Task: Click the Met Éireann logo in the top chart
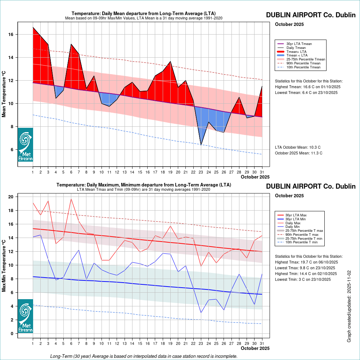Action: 25,145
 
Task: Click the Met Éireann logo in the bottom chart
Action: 25,316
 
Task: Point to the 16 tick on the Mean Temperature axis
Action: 11,35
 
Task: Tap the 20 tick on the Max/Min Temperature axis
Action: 11,197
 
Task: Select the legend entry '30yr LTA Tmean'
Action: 299,44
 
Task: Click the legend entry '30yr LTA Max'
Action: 298,215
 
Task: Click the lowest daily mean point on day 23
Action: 201,145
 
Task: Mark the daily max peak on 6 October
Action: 71,199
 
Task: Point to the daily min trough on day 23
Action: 201,312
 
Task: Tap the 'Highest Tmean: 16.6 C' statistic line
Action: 307,87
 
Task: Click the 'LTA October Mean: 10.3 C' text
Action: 298,148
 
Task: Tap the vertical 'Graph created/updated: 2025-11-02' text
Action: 349,306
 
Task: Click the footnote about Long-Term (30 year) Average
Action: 144,356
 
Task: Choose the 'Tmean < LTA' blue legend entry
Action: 297,55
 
